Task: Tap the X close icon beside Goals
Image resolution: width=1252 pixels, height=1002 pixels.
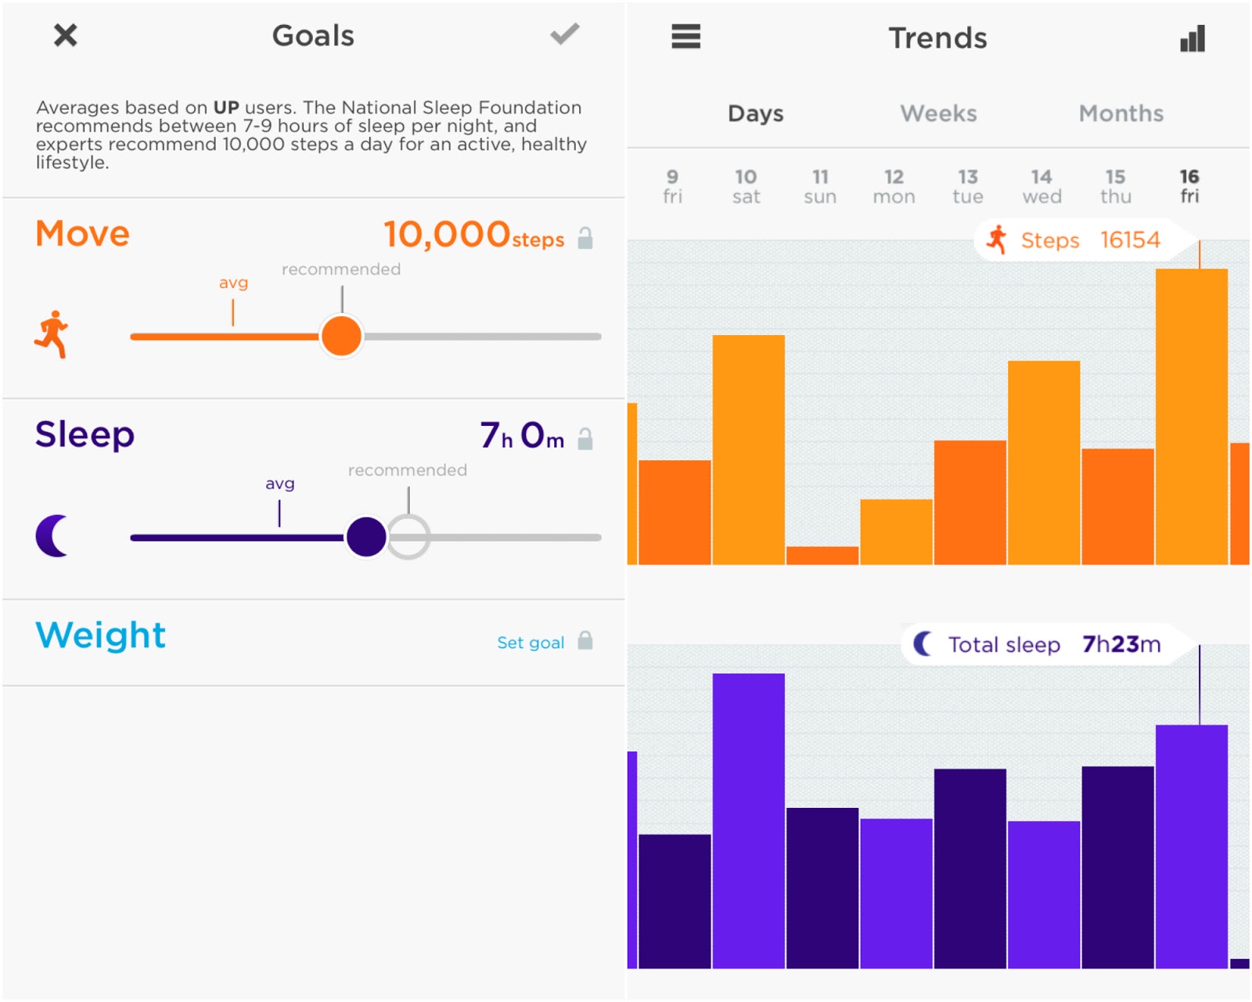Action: pyautogui.click(x=66, y=35)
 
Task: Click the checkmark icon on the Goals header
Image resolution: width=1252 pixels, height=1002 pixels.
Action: pyautogui.click(x=564, y=34)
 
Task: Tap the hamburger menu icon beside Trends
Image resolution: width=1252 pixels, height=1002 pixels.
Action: pyautogui.click(x=685, y=36)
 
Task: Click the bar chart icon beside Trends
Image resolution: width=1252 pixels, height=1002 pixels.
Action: pyautogui.click(x=1193, y=38)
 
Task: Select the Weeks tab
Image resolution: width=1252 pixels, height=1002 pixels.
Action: pyautogui.click(x=938, y=114)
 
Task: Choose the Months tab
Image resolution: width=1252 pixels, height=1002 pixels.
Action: pyautogui.click(x=1121, y=114)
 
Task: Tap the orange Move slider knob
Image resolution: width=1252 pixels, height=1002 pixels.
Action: pyautogui.click(x=341, y=336)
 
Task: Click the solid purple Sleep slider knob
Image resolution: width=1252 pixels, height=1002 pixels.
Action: pyautogui.click(x=366, y=537)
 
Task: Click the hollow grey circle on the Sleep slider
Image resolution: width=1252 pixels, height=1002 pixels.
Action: pyautogui.click(x=408, y=537)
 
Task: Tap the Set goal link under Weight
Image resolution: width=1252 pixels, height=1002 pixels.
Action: pyautogui.click(x=531, y=643)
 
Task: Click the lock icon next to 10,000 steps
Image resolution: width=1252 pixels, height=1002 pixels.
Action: pyautogui.click(x=585, y=238)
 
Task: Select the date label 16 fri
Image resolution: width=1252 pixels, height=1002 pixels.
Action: pyautogui.click(x=1189, y=186)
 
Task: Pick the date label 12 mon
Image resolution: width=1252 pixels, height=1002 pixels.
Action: pyautogui.click(x=894, y=186)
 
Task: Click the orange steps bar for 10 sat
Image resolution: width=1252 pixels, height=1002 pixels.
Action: pyautogui.click(x=748, y=449)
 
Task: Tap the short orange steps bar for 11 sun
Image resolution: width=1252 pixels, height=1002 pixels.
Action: pyautogui.click(x=822, y=555)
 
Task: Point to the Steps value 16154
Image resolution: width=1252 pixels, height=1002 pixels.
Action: pyautogui.click(x=1130, y=240)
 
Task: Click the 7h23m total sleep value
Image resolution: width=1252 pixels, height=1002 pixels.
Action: pyautogui.click(x=1121, y=644)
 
